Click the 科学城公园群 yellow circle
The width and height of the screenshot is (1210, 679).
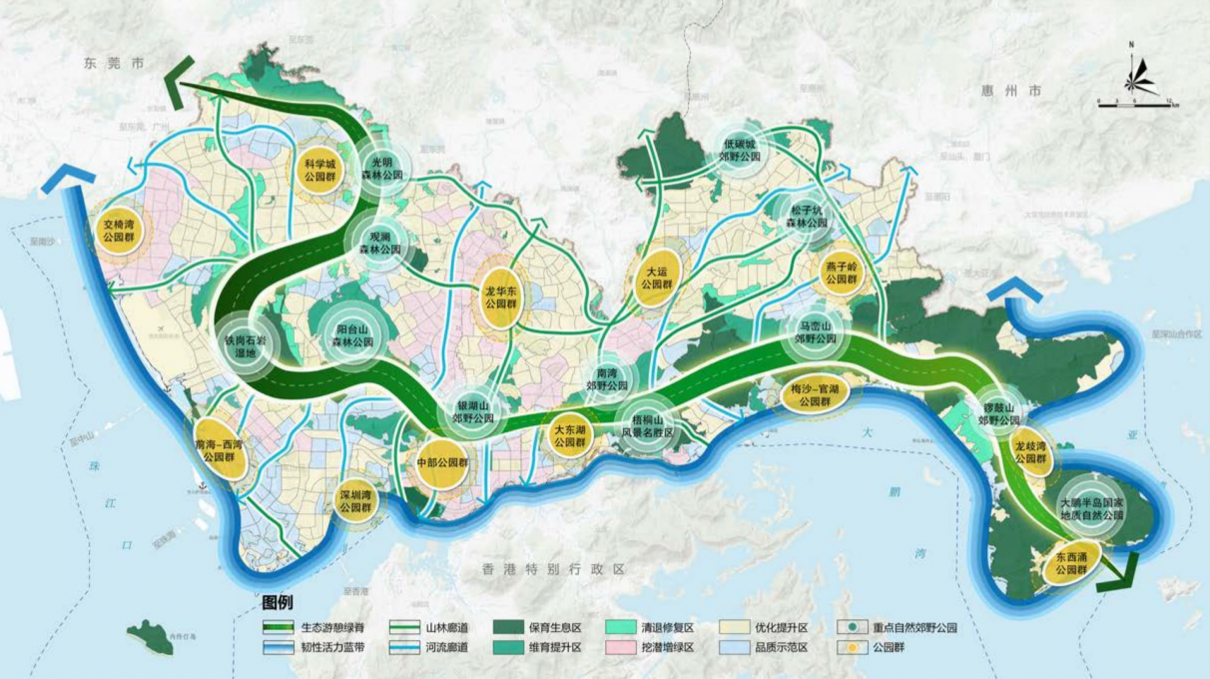click(x=320, y=170)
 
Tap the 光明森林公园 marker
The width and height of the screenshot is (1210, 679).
click(x=382, y=168)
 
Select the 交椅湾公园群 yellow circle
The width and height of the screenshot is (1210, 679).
click(x=119, y=231)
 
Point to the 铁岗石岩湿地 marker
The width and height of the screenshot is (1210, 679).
click(x=245, y=346)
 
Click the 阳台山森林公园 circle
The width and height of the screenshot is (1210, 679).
click(x=354, y=335)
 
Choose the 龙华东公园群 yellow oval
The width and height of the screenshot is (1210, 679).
click(x=501, y=298)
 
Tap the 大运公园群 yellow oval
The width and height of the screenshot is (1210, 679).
click(x=657, y=278)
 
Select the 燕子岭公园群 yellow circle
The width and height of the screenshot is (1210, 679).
click(x=841, y=273)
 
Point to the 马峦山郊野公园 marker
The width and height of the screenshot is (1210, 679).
click(x=815, y=332)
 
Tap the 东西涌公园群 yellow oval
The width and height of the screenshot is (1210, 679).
click(x=1071, y=563)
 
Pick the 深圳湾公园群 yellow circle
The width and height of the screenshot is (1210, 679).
click(x=355, y=501)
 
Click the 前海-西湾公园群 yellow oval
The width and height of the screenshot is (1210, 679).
click(x=219, y=450)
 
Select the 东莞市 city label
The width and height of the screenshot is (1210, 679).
click(x=114, y=63)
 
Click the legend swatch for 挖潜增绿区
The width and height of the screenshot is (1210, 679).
click(x=620, y=647)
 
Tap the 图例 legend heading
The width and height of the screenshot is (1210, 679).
click(x=277, y=602)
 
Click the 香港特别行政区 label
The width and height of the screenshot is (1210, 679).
click(x=553, y=569)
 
